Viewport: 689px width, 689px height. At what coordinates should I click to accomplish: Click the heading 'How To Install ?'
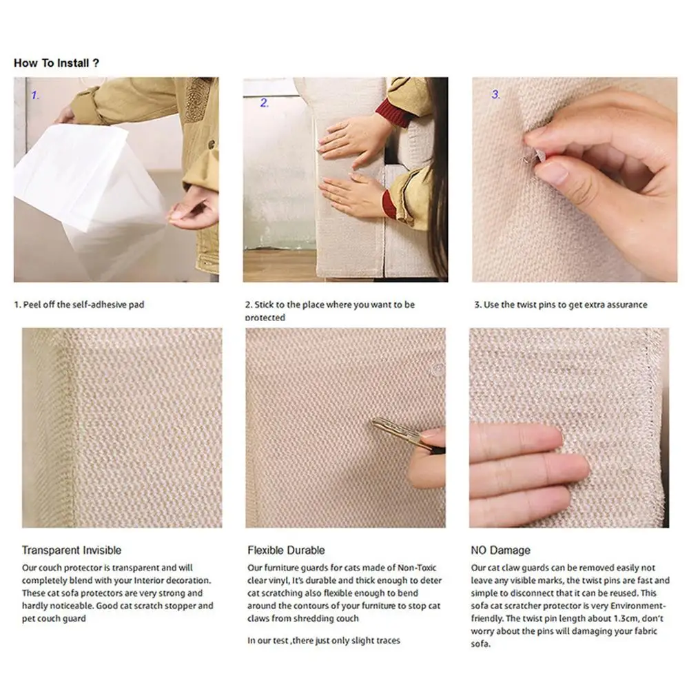point(56,63)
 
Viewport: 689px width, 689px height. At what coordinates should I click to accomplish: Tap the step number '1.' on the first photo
point(35,96)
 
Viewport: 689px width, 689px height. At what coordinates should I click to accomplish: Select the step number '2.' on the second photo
point(264,103)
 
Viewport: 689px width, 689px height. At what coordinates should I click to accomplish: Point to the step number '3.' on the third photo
point(495,95)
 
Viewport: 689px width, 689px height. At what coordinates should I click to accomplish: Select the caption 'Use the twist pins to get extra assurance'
point(561,305)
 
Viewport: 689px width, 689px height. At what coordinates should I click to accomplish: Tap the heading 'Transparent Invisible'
point(72,550)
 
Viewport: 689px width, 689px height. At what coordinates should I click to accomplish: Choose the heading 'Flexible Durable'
point(286,550)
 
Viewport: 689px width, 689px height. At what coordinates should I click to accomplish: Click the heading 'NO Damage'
point(500,550)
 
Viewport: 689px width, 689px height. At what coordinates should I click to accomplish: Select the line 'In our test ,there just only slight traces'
point(324,640)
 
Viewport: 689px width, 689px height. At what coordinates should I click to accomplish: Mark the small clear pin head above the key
point(435,370)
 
